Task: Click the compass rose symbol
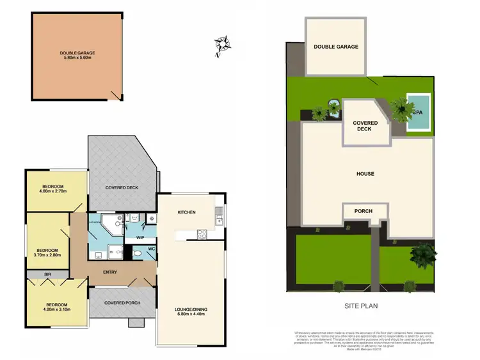(223, 44)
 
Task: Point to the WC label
(151, 249)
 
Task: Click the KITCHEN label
(186, 212)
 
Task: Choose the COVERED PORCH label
(122, 302)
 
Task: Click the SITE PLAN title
(361, 306)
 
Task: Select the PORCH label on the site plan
(357, 211)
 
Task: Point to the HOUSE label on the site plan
(365, 173)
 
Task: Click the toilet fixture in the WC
(140, 254)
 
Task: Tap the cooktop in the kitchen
(202, 233)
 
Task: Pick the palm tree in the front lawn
(421, 255)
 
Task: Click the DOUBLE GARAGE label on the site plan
(335, 47)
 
